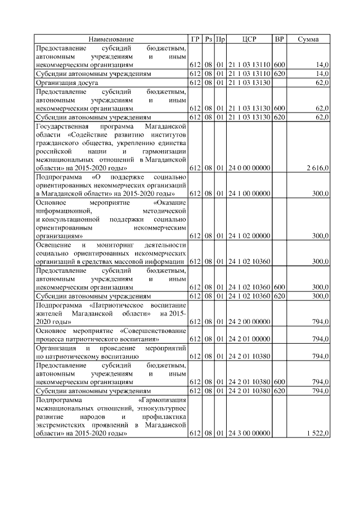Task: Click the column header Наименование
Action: click(x=111, y=39)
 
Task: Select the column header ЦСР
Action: click(x=249, y=39)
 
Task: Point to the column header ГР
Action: click(x=195, y=39)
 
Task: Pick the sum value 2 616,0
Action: click(x=318, y=168)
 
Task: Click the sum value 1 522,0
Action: click(x=318, y=434)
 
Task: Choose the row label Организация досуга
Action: click(x=67, y=82)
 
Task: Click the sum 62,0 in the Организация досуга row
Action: click(x=322, y=82)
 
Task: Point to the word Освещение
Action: click(x=53, y=245)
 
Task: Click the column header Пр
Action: click(x=220, y=39)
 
